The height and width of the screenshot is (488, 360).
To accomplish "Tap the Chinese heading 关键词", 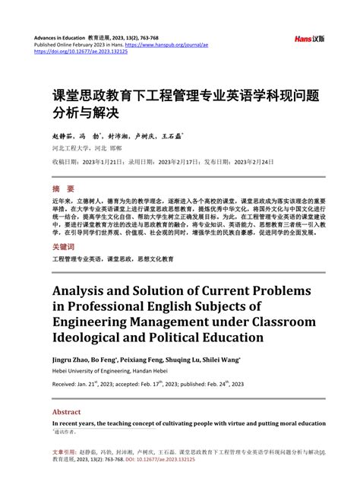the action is (x=64, y=248).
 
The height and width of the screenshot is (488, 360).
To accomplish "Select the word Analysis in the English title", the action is (x=84, y=290).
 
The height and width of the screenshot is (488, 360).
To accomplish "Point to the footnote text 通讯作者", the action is (x=66, y=430).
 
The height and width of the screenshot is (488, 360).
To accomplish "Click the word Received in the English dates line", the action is (x=66, y=385).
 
